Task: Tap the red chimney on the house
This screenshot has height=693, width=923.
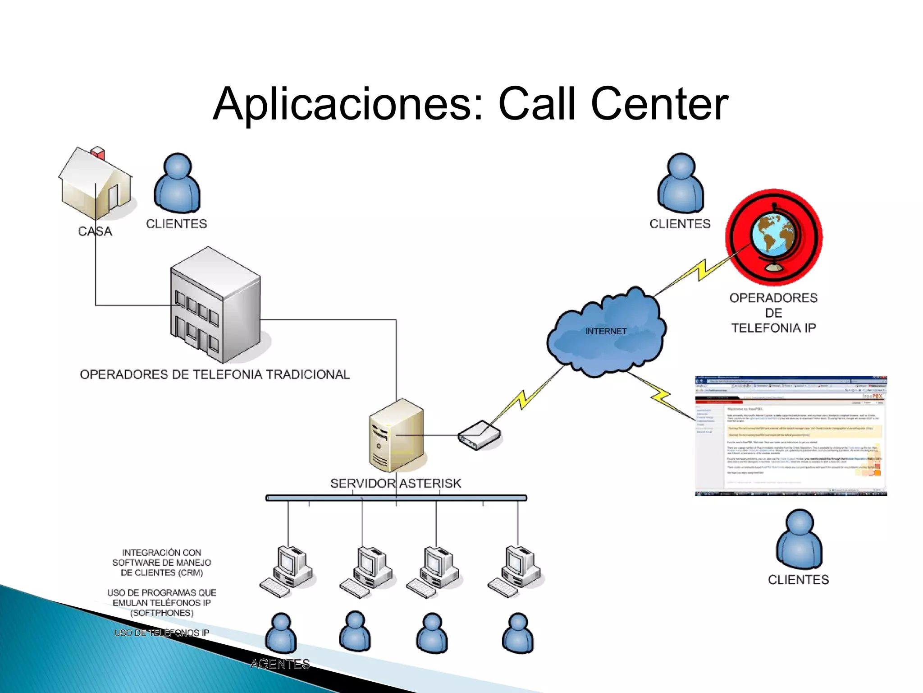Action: (98, 153)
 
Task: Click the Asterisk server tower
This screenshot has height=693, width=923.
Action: (396, 435)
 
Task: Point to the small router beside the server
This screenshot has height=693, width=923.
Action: (479, 435)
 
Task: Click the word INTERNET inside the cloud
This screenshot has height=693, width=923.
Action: (606, 331)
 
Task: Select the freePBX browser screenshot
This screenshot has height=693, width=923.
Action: (791, 436)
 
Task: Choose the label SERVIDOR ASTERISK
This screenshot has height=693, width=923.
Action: (396, 483)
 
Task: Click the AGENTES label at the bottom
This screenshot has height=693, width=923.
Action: (280, 664)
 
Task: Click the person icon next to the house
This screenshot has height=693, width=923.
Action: (177, 183)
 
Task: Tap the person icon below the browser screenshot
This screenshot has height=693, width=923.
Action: (799, 539)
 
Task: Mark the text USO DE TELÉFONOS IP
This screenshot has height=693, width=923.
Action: (161, 633)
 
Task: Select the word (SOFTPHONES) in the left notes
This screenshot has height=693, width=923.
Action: (162, 613)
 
